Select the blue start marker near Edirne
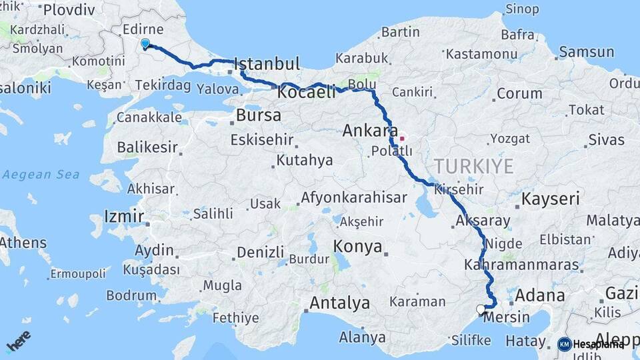coord(145,43)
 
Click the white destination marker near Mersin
coord(481,309)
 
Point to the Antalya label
coord(339,303)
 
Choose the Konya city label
coord(358,247)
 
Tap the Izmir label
coord(124,216)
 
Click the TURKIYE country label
coord(474,165)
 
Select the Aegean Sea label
coord(41,175)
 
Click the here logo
coord(18,341)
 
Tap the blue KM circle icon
coord(564,344)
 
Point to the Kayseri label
coord(550,199)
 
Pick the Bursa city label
coord(258,115)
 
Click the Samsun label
coord(586,52)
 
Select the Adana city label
coord(539,295)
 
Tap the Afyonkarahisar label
coord(363,197)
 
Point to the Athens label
coord(23,243)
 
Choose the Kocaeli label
coord(306,93)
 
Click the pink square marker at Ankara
coord(402,139)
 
